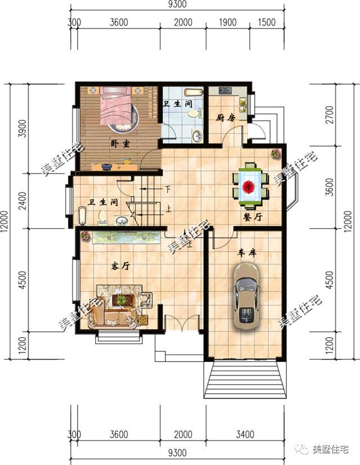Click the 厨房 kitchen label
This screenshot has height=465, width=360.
tap(225, 118)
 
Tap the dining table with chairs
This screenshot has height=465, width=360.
tap(250, 183)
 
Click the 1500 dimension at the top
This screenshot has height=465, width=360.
tap(267, 23)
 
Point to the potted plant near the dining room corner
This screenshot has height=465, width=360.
tap(276, 153)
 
